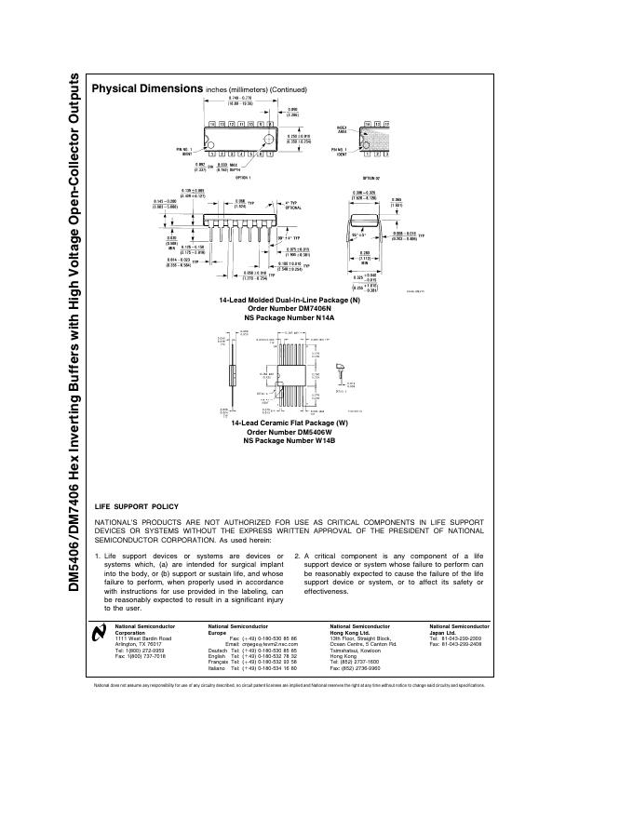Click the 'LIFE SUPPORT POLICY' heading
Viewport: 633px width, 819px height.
click(137, 506)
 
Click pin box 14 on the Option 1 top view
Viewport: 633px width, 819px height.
click(213, 124)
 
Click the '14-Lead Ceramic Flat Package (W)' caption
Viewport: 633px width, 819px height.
click(289, 423)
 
